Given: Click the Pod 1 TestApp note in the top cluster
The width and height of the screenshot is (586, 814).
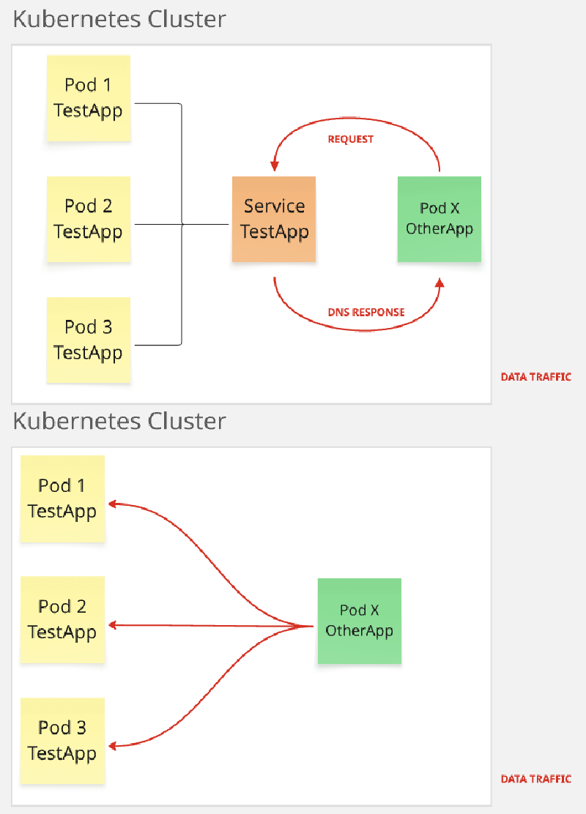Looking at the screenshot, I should [x=88, y=98].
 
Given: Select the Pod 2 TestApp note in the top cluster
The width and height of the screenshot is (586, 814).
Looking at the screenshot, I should [x=88, y=219].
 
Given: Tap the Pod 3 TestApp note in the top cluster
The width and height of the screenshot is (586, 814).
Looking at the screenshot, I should [x=88, y=340].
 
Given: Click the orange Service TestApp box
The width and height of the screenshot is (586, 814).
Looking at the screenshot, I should [x=274, y=219].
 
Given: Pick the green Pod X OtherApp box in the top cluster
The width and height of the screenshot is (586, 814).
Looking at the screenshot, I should [x=439, y=219].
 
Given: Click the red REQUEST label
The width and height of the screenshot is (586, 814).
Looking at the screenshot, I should [x=350, y=139].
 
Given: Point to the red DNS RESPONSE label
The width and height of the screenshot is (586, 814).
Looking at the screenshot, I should [x=366, y=312].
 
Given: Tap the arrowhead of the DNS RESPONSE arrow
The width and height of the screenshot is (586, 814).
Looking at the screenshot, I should [x=439, y=282].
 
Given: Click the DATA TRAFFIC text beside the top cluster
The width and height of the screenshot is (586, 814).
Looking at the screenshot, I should [x=535, y=377].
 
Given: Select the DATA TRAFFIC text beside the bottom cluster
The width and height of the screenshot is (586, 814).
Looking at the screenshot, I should [x=535, y=779].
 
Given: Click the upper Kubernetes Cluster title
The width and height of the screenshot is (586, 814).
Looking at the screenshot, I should [x=119, y=19].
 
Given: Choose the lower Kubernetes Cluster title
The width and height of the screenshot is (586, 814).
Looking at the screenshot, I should [x=119, y=421].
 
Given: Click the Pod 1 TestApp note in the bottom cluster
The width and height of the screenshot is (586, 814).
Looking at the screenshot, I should [x=62, y=499].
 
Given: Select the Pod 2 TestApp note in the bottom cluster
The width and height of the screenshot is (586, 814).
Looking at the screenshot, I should [x=62, y=619].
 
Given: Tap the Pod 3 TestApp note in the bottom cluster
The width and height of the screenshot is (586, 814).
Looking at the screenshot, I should [x=62, y=741].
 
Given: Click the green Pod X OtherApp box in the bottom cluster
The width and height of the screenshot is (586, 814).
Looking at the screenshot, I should [x=359, y=621].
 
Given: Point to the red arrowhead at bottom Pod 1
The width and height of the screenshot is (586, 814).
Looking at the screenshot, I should [x=113, y=504].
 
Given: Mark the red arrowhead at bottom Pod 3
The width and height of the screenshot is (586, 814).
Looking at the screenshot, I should [x=113, y=746].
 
